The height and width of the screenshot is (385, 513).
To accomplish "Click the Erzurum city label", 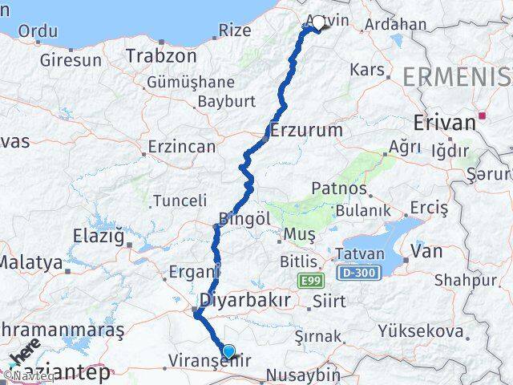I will [x=307, y=130].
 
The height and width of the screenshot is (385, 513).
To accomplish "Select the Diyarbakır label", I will [x=244, y=300].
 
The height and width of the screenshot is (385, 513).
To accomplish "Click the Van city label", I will [x=426, y=251].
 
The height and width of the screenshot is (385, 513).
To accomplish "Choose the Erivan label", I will [x=444, y=123].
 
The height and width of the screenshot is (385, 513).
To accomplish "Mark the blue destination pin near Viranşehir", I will [x=229, y=351].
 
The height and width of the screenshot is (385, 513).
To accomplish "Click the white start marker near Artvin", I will [x=317, y=22].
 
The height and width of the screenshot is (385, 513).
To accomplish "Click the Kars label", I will [x=368, y=70].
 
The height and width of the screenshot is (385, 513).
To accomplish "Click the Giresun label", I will [x=71, y=59].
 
